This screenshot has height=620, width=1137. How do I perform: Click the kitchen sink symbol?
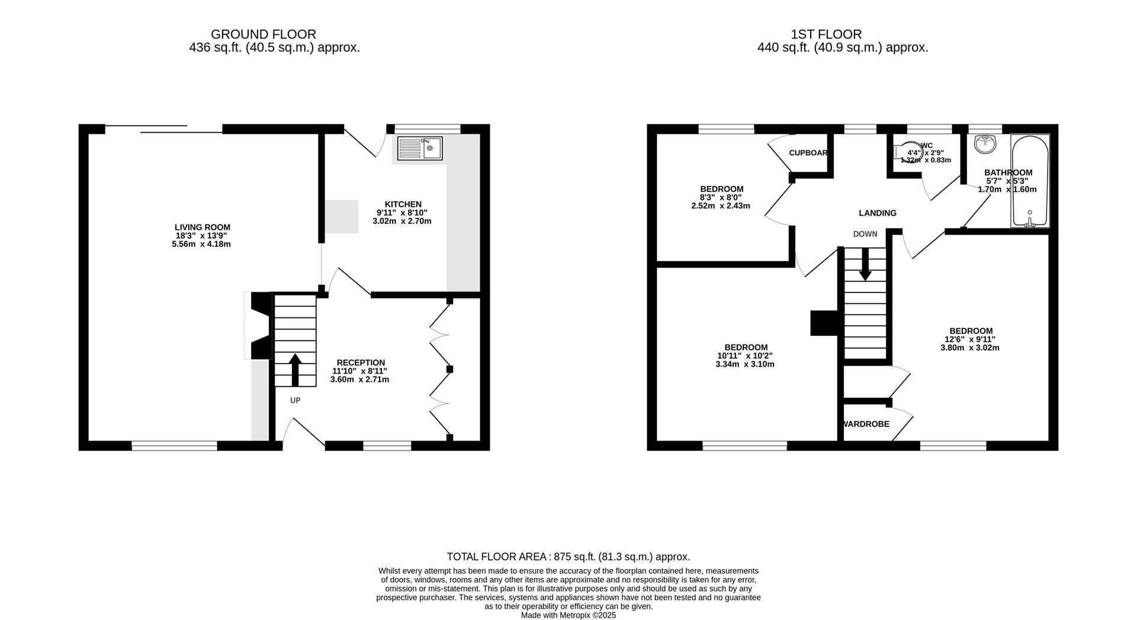pyautogui.click(x=419, y=148)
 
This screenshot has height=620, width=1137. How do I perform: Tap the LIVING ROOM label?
pyautogui.click(x=202, y=227)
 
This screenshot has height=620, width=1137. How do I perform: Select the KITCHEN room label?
pyautogui.click(x=403, y=204)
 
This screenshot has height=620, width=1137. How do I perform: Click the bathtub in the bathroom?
pyautogui.click(x=1030, y=181)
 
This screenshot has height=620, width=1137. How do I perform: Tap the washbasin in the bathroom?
pyautogui.click(x=985, y=143)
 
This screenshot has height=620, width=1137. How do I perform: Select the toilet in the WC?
pyautogui.click(x=904, y=152)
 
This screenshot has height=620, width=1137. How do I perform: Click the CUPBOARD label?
pyautogui.click(x=808, y=153)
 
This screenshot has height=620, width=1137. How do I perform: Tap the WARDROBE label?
pyautogui.click(x=866, y=424)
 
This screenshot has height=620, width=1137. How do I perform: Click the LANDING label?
pyautogui.click(x=877, y=213)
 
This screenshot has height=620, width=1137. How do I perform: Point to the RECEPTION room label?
pyautogui.click(x=361, y=362)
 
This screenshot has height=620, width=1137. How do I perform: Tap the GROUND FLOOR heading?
pyautogui.click(x=263, y=34)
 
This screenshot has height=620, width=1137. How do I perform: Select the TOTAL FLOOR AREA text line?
pyautogui.click(x=568, y=557)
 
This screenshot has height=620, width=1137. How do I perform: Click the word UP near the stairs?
pyautogui.click(x=295, y=400)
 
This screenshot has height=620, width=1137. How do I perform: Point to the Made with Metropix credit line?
pyautogui.click(x=568, y=615)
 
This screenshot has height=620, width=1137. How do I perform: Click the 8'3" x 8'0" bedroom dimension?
pyautogui.click(x=721, y=197)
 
